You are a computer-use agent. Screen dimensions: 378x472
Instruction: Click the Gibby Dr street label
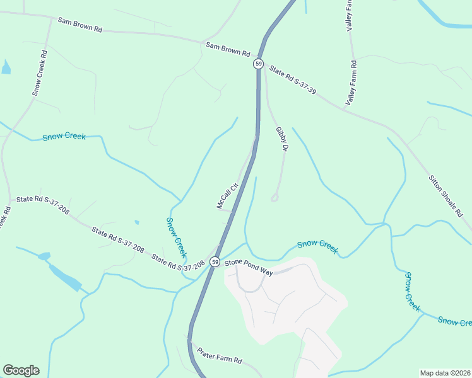(281, 139)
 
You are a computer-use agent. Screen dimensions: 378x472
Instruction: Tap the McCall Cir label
(226, 195)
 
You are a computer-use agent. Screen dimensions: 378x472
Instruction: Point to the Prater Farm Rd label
(220, 356)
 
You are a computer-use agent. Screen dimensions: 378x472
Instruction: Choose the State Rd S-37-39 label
(292, 80)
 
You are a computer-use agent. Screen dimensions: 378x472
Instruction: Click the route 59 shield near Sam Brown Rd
(258, 64)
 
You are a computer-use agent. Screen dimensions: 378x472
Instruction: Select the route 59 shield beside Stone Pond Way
(216, 262)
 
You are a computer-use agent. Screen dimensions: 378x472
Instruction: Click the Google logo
(21, 370)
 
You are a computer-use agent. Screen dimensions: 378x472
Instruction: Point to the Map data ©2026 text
(445, 373)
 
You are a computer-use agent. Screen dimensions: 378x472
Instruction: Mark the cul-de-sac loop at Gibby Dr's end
(274, 197)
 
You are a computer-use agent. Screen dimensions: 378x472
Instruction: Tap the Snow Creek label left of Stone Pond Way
(176, 238)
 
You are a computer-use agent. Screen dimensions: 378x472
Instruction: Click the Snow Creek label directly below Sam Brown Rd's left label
(64, 137)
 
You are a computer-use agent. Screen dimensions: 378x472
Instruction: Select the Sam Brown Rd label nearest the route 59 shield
(228, 49)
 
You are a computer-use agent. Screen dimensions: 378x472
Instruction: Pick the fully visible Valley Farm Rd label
(351, 83)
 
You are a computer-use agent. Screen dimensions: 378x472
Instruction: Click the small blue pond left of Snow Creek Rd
(6, 67)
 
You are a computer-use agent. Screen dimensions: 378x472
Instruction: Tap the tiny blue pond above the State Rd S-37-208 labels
(136, 222)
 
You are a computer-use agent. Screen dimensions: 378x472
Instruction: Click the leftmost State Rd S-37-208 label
(43, 203)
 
